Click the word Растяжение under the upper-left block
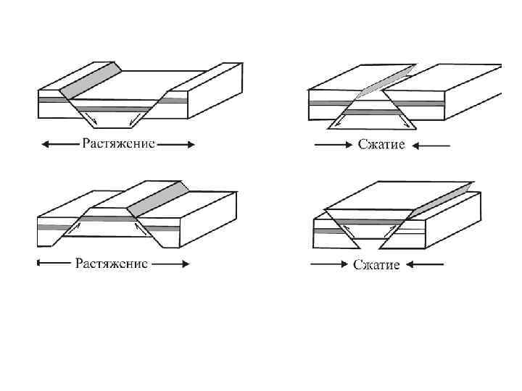click(118, 143)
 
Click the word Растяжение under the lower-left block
click(112, 263)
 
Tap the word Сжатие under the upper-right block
click(381, 144)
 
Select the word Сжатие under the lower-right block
click(376, 264)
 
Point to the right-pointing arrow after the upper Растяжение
click(176, 144)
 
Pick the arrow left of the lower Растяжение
click(54, 264)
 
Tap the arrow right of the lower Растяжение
click(171, 264)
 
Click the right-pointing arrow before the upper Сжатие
click(332, 145)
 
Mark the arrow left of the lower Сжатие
click(328, 264)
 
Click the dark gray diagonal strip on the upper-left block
click(90, 79)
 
